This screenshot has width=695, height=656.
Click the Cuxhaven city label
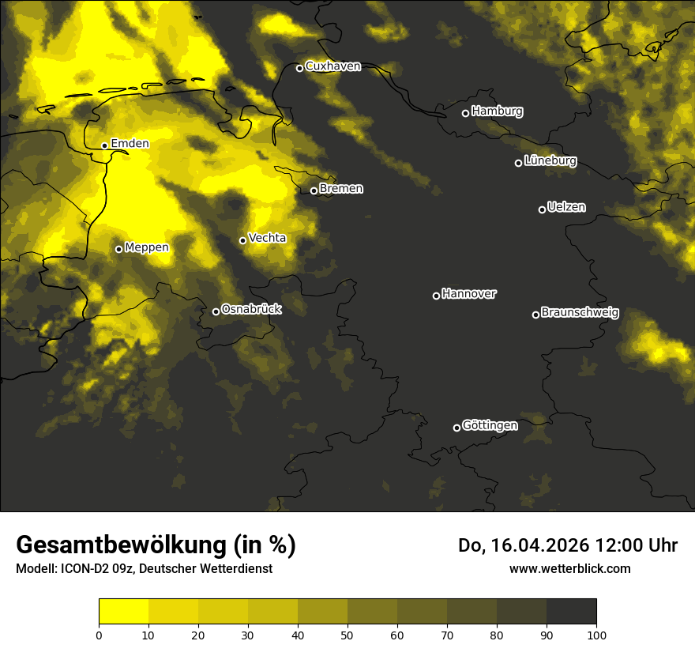[x=332, y=66]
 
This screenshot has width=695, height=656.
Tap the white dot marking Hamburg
[x=465, y=113]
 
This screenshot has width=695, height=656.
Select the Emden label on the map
[x=130, y=143]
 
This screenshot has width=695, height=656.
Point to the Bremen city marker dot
[x=314, y=190]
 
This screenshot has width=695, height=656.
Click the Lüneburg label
[x=550, y=160]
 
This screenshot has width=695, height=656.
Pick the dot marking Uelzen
[x=542, y=209]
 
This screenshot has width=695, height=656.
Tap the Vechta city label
[x=267, y=238]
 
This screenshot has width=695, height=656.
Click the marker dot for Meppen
[x=118, y=249]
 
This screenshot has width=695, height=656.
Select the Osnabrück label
[x=251, y=309]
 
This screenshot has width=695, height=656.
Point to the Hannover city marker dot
[x=436, y=296]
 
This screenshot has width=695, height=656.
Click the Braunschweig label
[x=580, y=312]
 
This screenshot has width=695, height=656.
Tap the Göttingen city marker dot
[x=456, y=428]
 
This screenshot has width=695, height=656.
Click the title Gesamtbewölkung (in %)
[x=156, y=545]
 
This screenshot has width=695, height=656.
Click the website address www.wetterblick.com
[x=570, y=568]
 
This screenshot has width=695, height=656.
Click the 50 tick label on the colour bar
[x=347, y=634]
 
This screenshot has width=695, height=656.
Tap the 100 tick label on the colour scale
[x=596, y=634]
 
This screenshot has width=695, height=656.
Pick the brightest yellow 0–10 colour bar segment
[x=123, y=612]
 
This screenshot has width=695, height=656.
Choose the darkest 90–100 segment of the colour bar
[x=571, y=612]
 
